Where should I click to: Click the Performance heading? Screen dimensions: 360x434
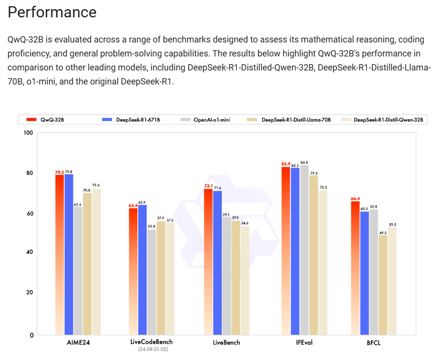point(52,12)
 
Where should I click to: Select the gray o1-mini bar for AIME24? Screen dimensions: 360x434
point(78,270)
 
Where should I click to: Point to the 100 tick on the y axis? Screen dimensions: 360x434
point(28,133)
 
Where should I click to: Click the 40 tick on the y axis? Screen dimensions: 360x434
point(30,252)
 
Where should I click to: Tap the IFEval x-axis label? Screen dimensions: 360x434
point(304,343)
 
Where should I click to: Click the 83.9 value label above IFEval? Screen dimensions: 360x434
point(286,164)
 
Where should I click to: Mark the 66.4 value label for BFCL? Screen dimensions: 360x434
point(355,198)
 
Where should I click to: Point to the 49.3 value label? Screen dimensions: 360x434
point(383,232)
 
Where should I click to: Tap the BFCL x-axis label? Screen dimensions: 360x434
point(373,343)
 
